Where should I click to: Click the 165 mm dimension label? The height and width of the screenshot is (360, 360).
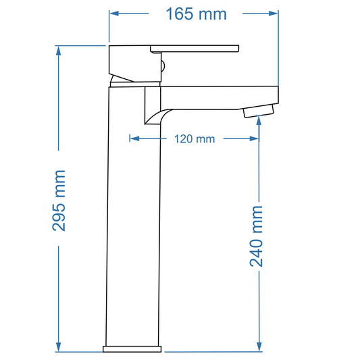tap(194, 14)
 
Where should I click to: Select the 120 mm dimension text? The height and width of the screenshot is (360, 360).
tap(195, 139)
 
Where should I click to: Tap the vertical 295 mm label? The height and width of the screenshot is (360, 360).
tap(59, 200)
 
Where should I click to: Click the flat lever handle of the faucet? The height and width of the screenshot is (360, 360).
tap(195, 48)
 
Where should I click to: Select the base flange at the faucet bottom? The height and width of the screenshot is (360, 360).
tap(132, 349)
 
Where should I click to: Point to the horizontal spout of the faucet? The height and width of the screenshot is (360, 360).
tap(216, 96)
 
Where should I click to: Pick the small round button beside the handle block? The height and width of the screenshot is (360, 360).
tap(162, 66)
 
